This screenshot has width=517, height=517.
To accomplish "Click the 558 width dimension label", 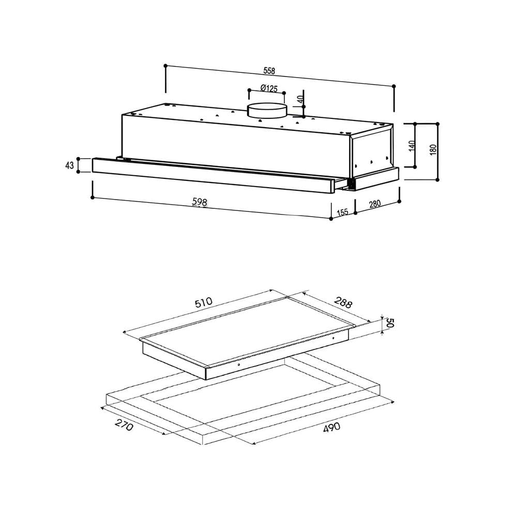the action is coord(269,70).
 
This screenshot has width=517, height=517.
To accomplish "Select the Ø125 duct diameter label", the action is coord(269,88).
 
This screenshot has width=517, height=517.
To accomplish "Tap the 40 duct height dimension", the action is coord(300,99).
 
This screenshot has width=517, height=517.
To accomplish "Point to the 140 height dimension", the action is coord(411,146).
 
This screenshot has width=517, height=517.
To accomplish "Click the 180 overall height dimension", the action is coord(433,149).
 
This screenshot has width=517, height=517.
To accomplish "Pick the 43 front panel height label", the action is coord(69,165).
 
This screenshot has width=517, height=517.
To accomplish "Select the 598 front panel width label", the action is coord(200,202).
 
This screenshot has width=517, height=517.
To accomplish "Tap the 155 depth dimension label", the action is coord(343,212).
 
